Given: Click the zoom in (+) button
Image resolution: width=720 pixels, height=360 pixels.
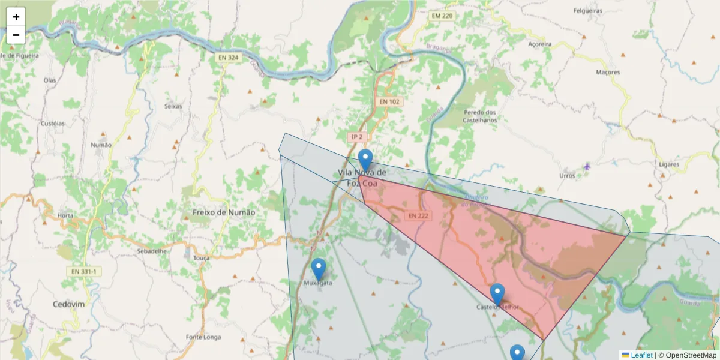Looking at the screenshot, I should point(16,17).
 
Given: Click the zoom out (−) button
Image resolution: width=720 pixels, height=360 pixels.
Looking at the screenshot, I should point(16,35).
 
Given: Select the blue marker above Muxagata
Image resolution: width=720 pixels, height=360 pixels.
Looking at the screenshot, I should point(319,269).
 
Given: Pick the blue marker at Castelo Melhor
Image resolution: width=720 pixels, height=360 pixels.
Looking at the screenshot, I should point(497,295).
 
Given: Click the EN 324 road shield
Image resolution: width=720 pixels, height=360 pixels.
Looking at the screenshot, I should point(229,58).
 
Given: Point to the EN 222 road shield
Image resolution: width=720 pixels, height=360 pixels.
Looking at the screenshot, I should point(419,215).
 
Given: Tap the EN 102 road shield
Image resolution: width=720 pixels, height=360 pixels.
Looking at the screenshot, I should point(389,102).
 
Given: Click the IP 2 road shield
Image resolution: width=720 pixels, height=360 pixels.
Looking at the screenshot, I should point(357,137).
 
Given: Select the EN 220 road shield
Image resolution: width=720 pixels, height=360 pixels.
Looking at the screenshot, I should point(441,16).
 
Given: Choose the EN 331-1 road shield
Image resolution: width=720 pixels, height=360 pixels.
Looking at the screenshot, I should point(83,272).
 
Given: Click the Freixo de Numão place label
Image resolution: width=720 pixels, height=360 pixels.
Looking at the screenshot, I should point(224,212).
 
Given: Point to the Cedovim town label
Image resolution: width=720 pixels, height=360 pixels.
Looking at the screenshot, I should point(68,304).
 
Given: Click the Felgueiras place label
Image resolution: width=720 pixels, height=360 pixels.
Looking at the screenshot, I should point(588,11).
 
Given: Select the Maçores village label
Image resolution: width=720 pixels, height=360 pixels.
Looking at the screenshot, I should point(608,72).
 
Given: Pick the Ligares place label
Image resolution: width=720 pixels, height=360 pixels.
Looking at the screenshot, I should point(668,164).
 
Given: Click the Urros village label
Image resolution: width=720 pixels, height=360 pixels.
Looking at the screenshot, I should point(567,176).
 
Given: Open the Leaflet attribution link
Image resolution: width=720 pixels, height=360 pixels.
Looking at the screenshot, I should point(641,355).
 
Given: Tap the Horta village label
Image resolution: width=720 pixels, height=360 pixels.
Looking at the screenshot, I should point(65,215).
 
